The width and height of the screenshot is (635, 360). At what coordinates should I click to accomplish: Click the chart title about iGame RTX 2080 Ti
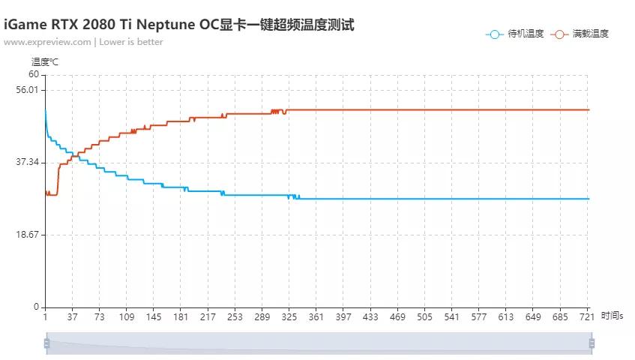[178, 25]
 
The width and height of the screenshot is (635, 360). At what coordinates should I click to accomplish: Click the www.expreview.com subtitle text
[83, 42]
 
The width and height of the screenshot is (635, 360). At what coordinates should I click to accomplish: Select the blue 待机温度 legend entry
[515, 34]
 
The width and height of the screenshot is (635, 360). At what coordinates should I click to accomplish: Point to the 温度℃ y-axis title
[44, 61]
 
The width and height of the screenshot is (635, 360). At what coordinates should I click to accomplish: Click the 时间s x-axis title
[612, 316]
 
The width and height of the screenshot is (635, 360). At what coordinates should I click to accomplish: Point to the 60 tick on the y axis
[34, 74]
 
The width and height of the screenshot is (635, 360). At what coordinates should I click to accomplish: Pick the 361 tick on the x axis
[316, 316]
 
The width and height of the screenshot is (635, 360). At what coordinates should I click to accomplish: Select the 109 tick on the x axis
[127, 316]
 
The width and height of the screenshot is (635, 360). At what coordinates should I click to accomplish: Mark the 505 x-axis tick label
[424, 316]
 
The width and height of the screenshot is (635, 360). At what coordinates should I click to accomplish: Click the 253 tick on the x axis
[235, 316]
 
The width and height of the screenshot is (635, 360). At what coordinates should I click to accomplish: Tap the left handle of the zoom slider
[46, 343]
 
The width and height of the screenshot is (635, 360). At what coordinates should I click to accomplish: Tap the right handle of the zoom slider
[592, 343]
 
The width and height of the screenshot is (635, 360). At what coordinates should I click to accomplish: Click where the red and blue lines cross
[73, 156]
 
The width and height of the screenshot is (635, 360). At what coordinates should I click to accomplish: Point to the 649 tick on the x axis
[533, 316]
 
